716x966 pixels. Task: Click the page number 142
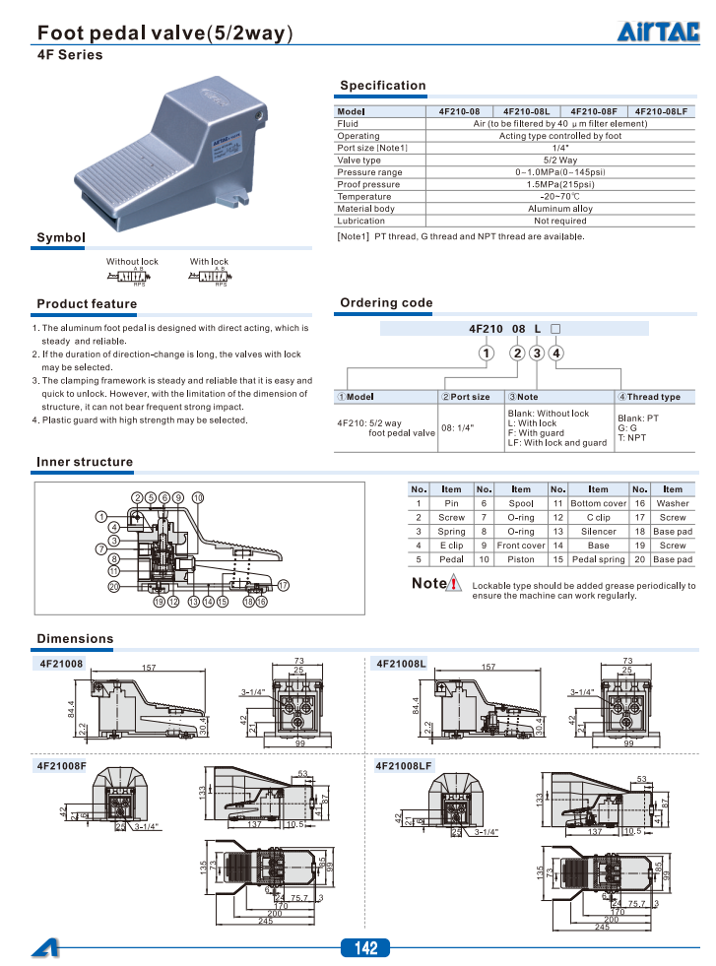tap(365, 948)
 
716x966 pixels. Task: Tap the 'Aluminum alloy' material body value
tap(559, 209)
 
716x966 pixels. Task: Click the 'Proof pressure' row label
tap(368, 184)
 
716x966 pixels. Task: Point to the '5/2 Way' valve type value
tap(559, 160)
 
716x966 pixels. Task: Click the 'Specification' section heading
tap(382, 86)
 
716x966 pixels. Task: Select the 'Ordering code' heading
tap(386, 302)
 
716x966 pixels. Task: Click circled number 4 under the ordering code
tap(556, 354)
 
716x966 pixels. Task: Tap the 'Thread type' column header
tap(653, 397)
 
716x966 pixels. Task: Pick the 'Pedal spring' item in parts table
tap(598, 559)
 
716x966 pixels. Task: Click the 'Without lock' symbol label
tap(132, 262)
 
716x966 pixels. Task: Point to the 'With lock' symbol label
tap(209, 262)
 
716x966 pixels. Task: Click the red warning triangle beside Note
tap(454, 584)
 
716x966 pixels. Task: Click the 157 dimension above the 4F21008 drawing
tap(148, 668)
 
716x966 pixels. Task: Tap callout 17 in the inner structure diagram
tap(283, 585)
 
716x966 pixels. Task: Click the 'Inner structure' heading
tap(84, 462)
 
